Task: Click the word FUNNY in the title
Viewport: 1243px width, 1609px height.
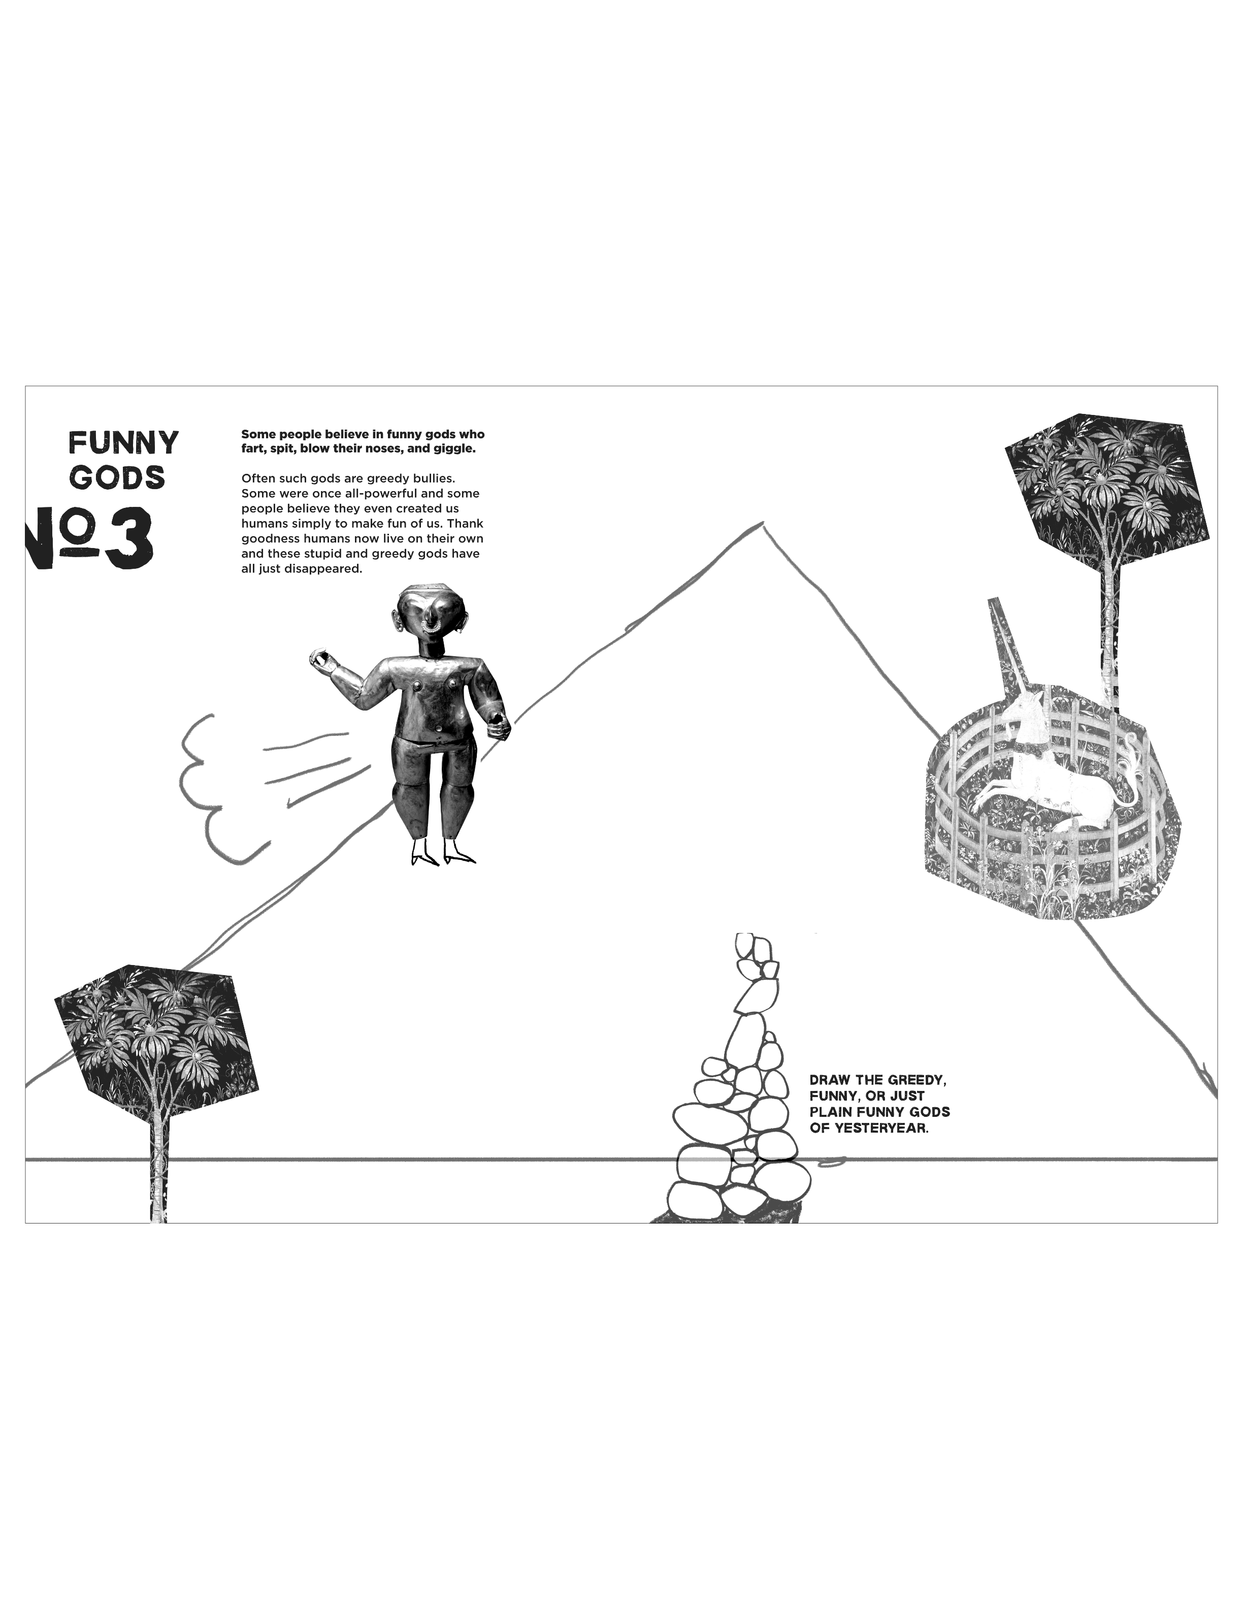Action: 124,443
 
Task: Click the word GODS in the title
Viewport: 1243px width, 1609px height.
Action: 118,477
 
